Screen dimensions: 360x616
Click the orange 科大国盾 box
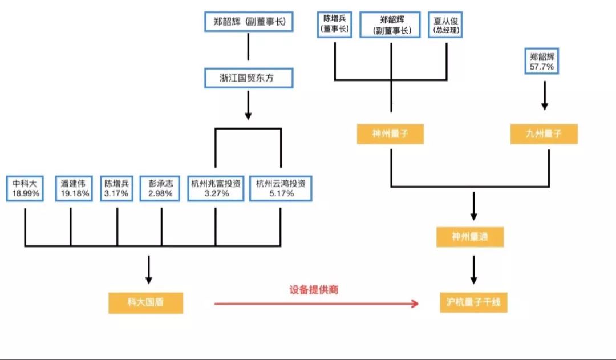point(145,302)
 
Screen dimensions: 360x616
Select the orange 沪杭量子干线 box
point(473,302)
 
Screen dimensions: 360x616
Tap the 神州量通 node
point(470,236)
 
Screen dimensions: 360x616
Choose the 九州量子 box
point(544,134)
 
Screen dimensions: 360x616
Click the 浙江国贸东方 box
point(248,78)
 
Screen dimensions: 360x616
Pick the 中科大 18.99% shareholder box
point(26,189)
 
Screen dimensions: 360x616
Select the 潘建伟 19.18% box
point(74,189)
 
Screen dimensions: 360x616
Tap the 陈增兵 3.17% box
point(117,189)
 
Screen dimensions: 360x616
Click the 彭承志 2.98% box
point(161,189)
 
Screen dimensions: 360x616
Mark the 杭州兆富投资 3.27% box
point(216,189)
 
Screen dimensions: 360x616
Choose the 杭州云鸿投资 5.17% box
point(281,189)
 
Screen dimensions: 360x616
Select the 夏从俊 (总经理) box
point(445,25)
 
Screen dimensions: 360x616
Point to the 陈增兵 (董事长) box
point(334,25)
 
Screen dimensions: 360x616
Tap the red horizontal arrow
point(317,304)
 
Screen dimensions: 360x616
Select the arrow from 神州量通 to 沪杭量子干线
point(473,270)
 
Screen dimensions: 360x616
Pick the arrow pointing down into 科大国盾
point(148,269)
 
